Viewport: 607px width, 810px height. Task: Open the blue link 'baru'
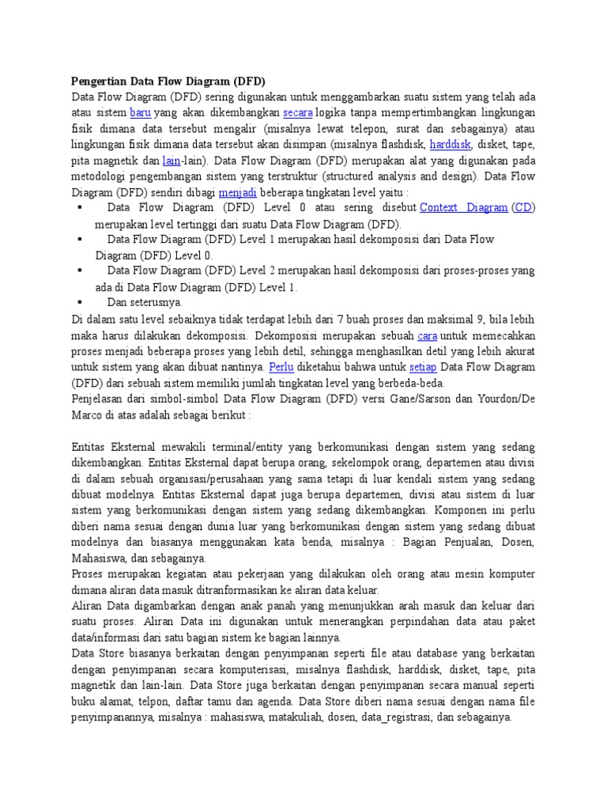[140, 113]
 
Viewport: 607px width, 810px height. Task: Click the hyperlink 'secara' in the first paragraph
[298, 113]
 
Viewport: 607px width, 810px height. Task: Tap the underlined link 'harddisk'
[451, 145]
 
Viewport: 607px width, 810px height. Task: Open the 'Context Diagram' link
[464, 208]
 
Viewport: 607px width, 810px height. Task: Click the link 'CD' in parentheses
[523, 208]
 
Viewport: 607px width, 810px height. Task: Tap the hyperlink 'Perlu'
[281, 367]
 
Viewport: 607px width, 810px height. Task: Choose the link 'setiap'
[422, 367]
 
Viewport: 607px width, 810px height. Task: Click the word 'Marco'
[88, 415]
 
